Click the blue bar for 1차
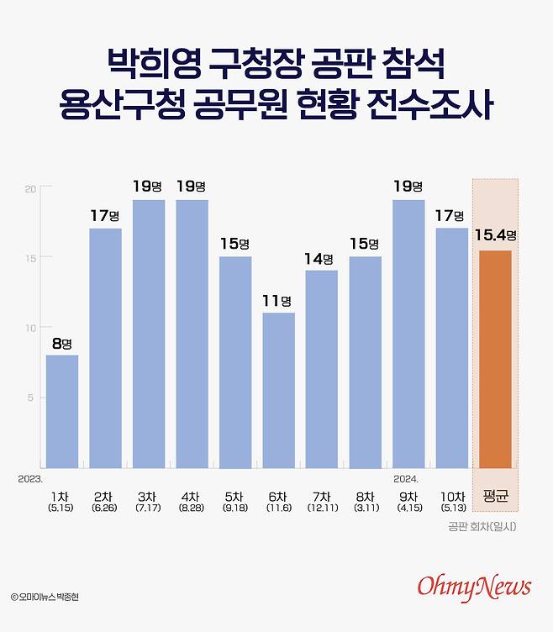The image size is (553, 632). tap(62, 411)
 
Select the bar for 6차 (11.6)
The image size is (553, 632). tap(279, 390)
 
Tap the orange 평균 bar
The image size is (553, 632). tap(495, 359)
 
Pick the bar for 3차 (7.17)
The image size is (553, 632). tap(149, 334)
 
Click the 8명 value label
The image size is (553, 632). tap(62, 343)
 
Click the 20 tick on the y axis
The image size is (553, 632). tap(29, 188)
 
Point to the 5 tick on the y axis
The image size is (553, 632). tap(31, 398)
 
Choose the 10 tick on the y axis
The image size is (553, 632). tap(29, 328)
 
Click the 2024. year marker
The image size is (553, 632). tap(407, 478)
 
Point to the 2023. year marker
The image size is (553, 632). tap(29, 478)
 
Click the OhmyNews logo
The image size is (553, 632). tap(475, 586)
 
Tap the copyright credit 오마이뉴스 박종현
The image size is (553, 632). tap(50, 596)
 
